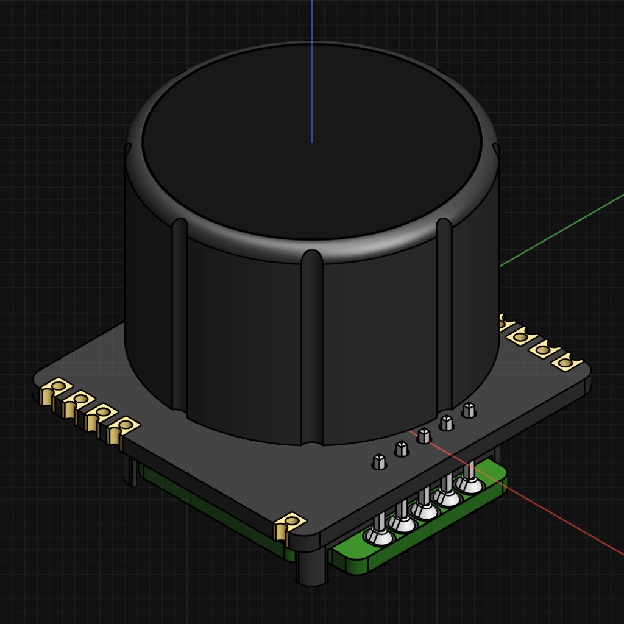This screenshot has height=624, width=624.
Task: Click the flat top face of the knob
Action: pos(312,146)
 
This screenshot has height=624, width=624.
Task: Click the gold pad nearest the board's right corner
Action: pos(565,363)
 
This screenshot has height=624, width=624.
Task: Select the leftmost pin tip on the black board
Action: pos(379,461)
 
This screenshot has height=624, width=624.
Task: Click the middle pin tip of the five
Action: pos(424,435)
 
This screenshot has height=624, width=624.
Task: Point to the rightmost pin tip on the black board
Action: pos(469,409)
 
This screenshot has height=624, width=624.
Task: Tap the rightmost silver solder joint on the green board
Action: pos(469,485)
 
